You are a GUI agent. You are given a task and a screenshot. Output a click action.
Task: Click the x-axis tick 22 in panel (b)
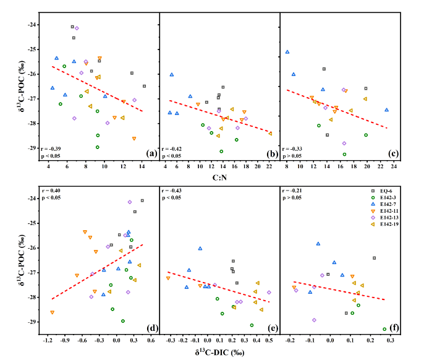(x=269, y=166)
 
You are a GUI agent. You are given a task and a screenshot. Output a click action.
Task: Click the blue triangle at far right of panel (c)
(x=386, y=110)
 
